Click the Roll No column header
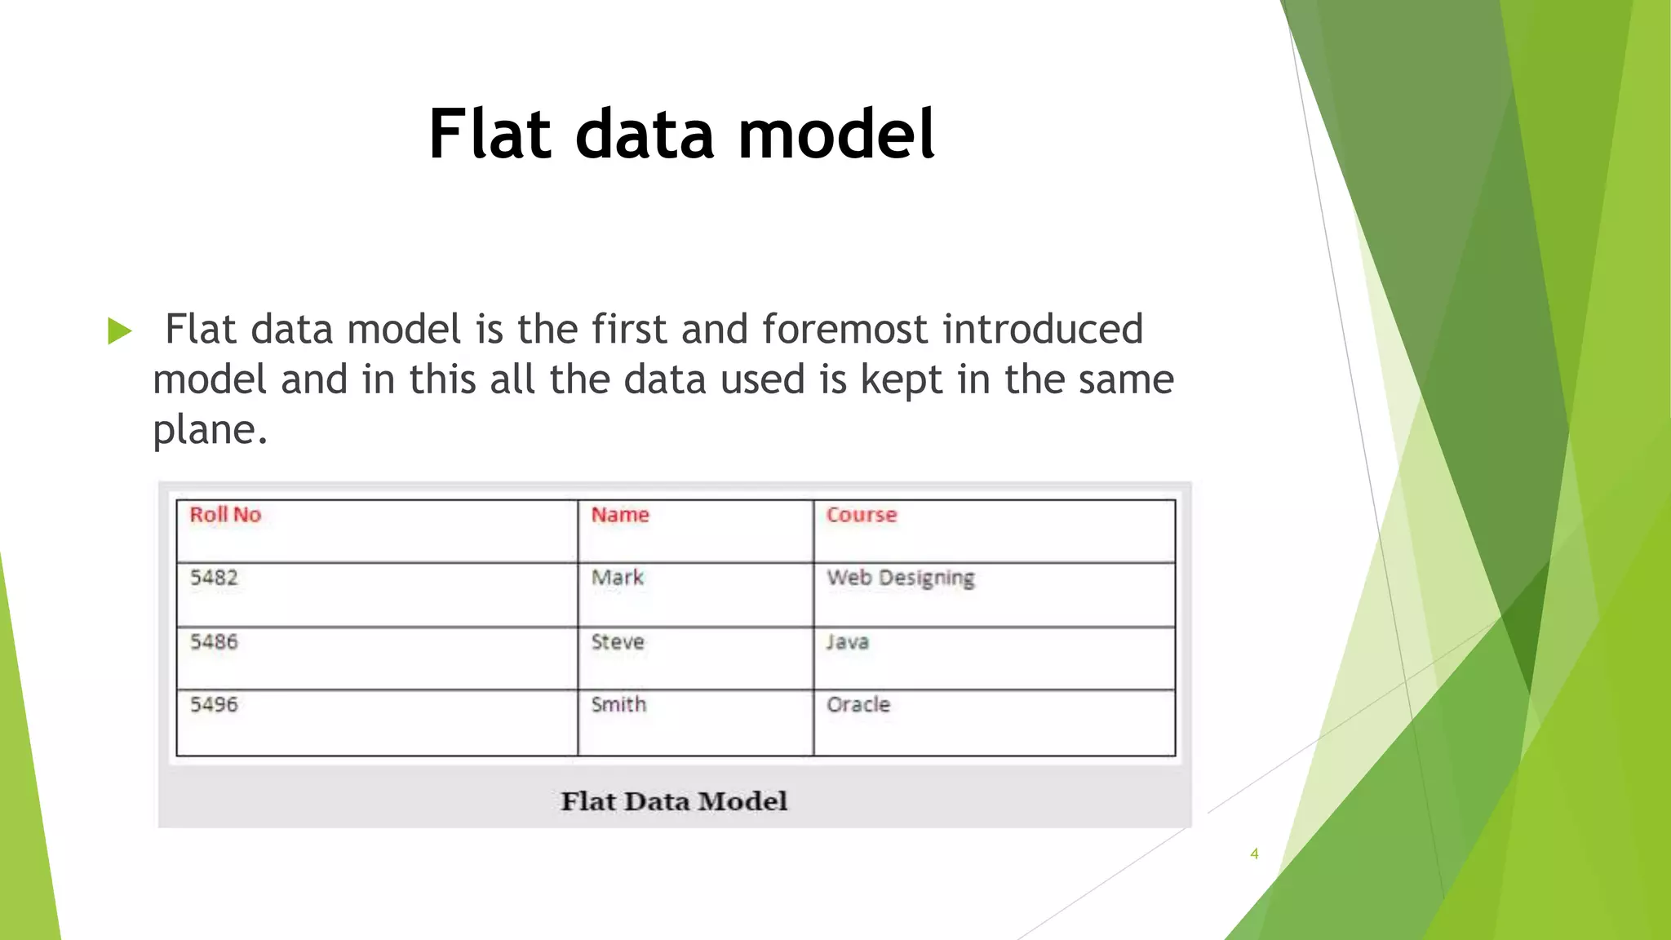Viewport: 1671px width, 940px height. pos(225,515)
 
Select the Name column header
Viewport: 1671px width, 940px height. pos(620,515)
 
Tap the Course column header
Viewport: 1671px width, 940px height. pos(862,515)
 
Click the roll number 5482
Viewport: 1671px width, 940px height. pos(214,578)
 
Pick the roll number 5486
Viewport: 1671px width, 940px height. pos(214,641)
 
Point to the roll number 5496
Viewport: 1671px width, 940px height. pos(214,704)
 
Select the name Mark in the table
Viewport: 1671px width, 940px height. pos(618,578)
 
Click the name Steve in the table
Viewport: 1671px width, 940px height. pos(618,641)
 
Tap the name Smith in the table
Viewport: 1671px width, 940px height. pos(618,704)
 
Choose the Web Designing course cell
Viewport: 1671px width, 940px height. pos(901,578)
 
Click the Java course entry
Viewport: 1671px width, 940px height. pos(848,641)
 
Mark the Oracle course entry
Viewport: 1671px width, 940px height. pos(858,704)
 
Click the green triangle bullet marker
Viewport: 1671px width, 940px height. pos(119,331)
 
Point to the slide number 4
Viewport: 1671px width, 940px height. pos(1254,854)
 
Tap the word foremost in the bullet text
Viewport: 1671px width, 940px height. pos(845,330)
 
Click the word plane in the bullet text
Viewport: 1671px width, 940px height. pos(204,431)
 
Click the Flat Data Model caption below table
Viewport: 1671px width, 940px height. pos(674,800)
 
